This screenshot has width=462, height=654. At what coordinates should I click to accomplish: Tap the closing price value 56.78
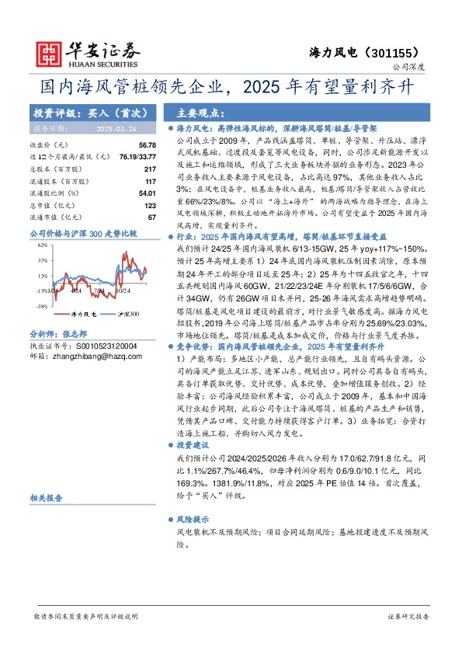pyautogui.click(x=148, y=145)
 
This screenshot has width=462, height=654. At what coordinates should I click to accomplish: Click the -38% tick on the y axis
pyautogui.click(x=42, y=307)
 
